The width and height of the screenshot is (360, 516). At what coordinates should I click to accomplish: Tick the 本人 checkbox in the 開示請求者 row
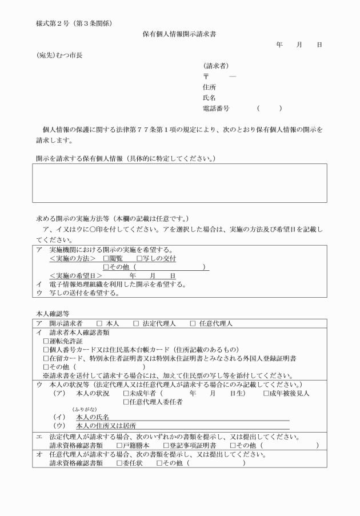point(99,323)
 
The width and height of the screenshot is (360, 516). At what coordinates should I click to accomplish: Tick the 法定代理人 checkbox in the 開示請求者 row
point(136,323)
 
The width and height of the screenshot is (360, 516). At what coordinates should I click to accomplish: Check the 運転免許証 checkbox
point(46,341)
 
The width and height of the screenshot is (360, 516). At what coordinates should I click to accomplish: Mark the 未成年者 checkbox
point(126,393)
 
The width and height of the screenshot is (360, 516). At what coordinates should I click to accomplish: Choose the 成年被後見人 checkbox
point(266,393)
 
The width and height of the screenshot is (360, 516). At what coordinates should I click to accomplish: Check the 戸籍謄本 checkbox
point(119,445)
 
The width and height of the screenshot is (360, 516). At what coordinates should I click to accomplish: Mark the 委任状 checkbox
point(119,462)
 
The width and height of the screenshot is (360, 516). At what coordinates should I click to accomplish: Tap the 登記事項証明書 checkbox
point(166,445)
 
